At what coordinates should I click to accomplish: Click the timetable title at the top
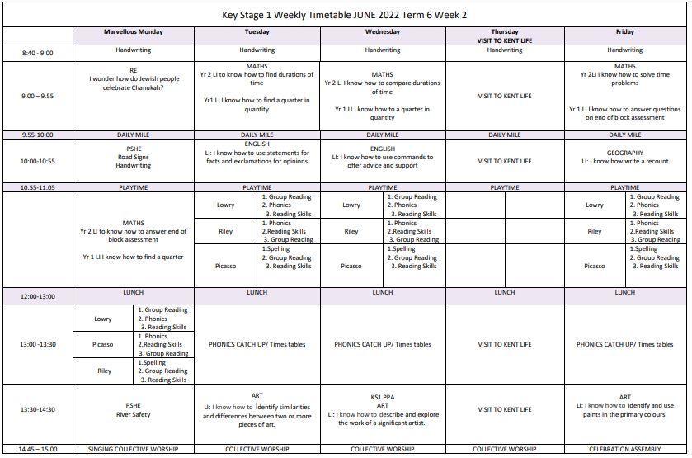pos(345,14)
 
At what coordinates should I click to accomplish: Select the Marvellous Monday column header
pos(133,32)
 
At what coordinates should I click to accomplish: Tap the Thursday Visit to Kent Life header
pos(504,35)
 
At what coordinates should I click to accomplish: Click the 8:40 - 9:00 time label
pos(37,53)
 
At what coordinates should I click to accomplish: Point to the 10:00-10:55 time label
pos(37,162)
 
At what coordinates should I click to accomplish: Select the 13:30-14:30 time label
pos(37,409)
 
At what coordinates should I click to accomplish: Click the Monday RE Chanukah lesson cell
pos(133,78)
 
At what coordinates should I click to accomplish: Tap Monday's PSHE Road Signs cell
pos(133,158)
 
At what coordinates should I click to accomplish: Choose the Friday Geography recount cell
pos(624,158)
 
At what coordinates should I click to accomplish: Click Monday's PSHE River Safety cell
pos(133,410)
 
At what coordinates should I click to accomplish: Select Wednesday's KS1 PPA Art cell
pos(382,410)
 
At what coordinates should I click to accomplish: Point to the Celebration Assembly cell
pos(624,450)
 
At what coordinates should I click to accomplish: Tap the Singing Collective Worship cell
pos(133,450)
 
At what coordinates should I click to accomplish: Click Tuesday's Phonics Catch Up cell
pos(257,345)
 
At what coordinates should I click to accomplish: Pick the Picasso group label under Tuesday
pos(226,266)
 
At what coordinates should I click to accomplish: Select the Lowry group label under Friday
pos(595,205)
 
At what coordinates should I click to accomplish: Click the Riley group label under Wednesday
pos(351,232)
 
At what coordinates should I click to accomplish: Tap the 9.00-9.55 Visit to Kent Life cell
pos(504,96)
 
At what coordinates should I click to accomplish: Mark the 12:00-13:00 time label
pos(37,296)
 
